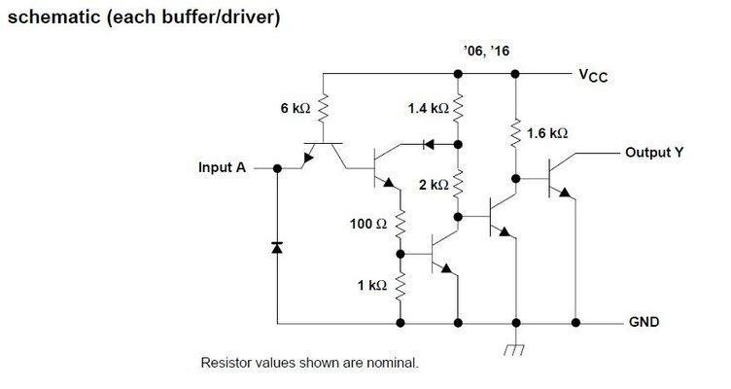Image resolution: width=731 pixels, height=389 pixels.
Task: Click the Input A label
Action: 222,167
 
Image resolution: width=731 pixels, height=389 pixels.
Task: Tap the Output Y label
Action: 653,153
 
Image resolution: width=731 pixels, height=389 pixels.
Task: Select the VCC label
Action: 593,75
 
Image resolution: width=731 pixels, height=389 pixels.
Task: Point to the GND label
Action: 647,322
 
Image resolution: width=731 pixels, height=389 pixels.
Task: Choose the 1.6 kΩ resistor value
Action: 546,132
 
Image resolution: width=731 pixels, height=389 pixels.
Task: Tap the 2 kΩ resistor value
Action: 433,184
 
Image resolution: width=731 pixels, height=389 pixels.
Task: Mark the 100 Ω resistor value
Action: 368,224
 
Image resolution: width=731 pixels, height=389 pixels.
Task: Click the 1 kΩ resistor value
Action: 372,286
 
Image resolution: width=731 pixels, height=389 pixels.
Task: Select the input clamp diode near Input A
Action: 277,248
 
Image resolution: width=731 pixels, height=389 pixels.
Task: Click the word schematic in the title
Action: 50,18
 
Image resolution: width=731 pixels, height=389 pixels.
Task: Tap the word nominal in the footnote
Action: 391,364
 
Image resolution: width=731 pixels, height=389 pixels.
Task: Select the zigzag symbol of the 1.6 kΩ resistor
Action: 515,132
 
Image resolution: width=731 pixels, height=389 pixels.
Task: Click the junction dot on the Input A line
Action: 277,167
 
